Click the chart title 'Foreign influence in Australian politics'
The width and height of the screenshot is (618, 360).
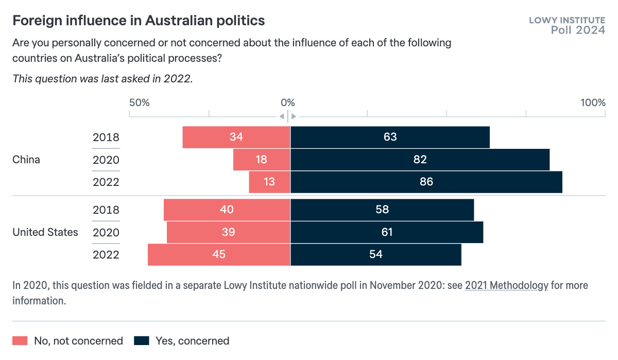139,21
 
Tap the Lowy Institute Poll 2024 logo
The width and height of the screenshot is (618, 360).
567,25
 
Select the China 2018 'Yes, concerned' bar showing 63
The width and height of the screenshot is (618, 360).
390,137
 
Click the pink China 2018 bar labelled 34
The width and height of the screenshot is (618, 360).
236,137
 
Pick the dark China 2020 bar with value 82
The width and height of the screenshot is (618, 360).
420,160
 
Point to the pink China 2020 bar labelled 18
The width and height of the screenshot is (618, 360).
262,160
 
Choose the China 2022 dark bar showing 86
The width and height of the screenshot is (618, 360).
426,182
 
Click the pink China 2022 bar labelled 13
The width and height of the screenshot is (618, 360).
269,182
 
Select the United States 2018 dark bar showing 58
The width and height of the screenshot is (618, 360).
382,210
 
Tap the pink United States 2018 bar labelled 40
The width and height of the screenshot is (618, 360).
227,210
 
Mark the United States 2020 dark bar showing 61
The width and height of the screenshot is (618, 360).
387,232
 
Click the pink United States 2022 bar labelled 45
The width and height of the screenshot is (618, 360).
219,254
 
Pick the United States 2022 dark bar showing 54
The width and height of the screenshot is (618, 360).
376,254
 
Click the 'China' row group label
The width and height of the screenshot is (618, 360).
26,160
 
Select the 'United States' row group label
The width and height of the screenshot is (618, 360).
45,232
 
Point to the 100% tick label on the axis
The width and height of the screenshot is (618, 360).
593,102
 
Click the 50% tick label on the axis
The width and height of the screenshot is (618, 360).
139,102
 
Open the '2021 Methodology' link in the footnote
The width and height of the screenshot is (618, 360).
506,285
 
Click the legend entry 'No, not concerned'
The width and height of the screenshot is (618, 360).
68,341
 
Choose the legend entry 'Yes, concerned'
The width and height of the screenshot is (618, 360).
182,341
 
